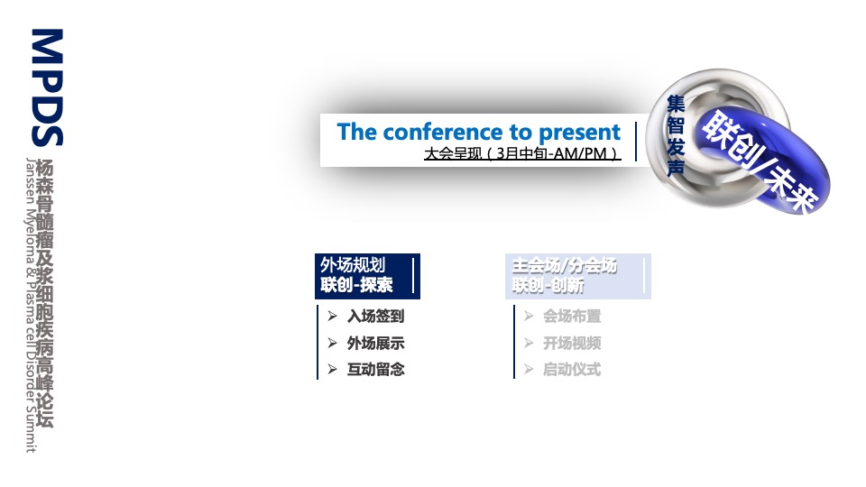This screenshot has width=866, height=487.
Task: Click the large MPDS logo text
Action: click(x=48, y=87)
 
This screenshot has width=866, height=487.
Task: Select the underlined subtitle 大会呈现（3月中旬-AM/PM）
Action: click(x=522, y=153)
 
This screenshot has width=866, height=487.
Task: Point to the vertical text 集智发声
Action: click(x=676, y=135)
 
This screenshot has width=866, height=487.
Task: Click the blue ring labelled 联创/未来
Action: click(x=761, y=161)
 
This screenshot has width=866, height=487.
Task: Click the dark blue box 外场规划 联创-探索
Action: click(x=367, y=276)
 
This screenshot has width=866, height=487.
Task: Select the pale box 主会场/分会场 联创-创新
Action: click(x=577, y=276)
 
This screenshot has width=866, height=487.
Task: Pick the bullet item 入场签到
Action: click(x=375, y=317)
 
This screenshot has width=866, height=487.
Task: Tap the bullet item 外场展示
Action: click(x=375, y=343)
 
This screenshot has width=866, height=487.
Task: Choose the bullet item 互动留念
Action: click(x=375, y=369)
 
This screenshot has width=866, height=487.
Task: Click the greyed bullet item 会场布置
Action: click(x=572, y=317)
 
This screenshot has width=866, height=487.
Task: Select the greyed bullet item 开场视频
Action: click(x=572, y=343)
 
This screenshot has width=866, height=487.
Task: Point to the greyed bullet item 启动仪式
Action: click(x=572, y=369)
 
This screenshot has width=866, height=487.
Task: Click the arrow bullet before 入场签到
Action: click(x=332, y=316)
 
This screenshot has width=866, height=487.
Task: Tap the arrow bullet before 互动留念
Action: click(x=332, y=369)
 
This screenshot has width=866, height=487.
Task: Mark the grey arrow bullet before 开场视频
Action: click(x=529, y=343)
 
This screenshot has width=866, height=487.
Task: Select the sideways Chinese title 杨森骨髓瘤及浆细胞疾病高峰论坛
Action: click(x=45, y=293)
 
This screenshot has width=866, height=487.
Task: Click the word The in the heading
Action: click(x=357, y=132)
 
